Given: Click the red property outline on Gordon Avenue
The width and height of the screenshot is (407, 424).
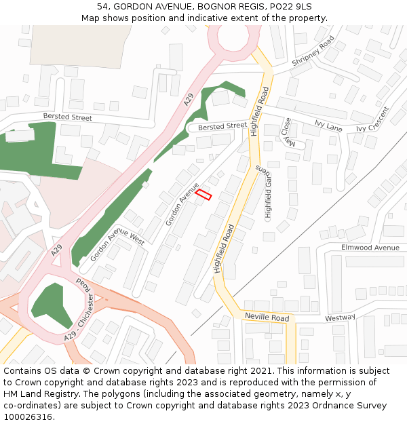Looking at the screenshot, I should (x=203, y=195).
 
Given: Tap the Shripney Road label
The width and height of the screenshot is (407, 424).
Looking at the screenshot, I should (x=313, y=52).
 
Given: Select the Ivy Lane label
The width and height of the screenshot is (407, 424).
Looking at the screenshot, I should (x=328, y=125).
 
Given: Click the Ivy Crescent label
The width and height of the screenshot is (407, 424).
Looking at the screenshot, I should (x=373, y=119).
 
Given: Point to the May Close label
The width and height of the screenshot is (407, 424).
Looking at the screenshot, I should (x=288, y=132).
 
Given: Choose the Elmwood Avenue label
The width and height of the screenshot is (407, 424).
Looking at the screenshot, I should (x=370, y=248).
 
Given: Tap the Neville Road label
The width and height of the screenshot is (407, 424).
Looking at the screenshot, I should (x=267, y=317).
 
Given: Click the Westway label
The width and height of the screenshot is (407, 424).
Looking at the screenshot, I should (x=340, y=317).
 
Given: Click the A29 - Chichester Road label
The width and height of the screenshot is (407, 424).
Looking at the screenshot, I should (x=80, y=309).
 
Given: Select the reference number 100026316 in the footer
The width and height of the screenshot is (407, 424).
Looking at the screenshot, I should (x=29, y=417).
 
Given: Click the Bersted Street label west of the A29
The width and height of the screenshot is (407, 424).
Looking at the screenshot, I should (x=67, y=117).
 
